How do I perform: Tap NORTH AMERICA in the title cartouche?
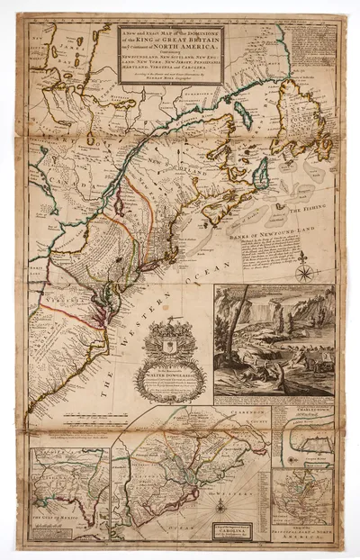pos(193,47)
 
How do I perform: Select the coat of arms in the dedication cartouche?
pos(169,344)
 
